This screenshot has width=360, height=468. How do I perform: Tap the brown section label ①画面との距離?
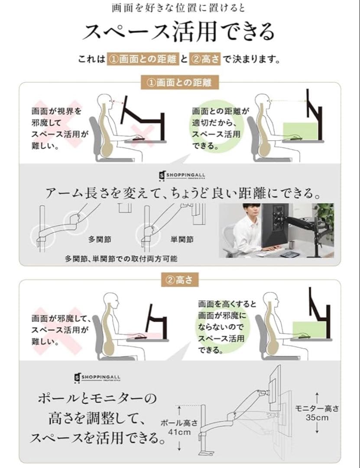(x=180, y=82)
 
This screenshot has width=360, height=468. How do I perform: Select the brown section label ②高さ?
(x=180, y=280)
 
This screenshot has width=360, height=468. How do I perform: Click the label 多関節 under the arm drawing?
(x=99, y=239)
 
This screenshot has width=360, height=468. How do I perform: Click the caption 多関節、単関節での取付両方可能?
(x=121, y=259)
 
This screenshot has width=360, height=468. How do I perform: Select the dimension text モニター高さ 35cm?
(x=317, y=413)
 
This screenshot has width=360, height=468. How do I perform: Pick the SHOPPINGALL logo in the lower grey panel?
(x=97, y=377)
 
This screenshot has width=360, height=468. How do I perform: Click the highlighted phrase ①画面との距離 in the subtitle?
(x=143, y=59)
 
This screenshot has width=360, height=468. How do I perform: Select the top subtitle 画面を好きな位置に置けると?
(x=179, y=8)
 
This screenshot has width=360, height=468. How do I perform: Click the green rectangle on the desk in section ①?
(x=299, y=130)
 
